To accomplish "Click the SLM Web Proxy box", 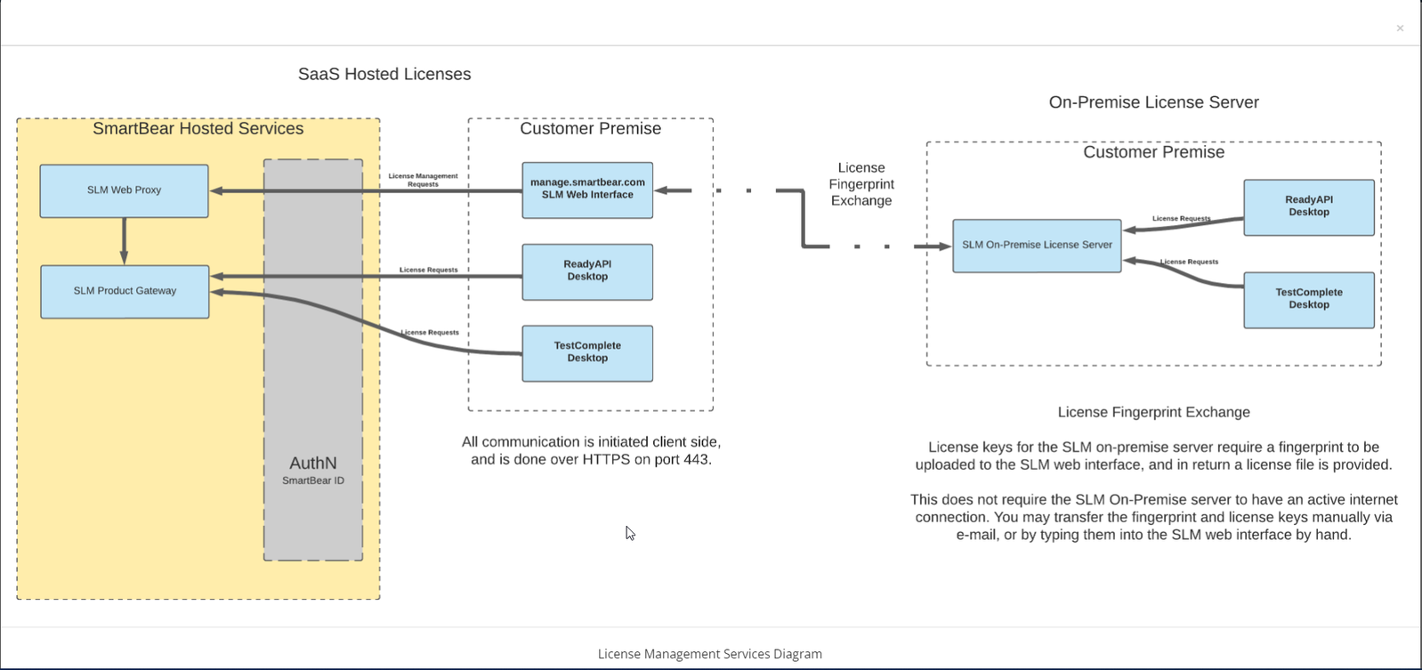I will click(x=124, y=190).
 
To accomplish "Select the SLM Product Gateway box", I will click(x=125, y=291).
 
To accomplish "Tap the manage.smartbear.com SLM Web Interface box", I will click(x=587, y=190).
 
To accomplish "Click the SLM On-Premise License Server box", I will click(x=1037, y=246).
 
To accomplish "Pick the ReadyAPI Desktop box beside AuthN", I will click(x=587, y=271).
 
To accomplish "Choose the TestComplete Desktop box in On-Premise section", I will click(x=1308, y=300).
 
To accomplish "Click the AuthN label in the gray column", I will click(x=313, y=463).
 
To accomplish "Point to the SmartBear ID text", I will click(x=313, y=480).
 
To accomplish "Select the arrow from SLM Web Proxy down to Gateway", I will click(x=124, y=240).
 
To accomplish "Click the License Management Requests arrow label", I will click(x=423, y=180).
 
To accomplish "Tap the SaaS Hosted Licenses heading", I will click(x=384, y=75).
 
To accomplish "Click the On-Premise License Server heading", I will click(x=1153, y=102).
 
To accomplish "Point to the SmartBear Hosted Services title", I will click(x=198, y=129).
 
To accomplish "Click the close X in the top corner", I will click(x=1400, y=28).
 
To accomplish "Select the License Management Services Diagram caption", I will click(x=709, y=654).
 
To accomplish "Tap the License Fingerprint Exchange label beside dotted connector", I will click(x=860, y=184).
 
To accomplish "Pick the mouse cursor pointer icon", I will click(x=630, y=533).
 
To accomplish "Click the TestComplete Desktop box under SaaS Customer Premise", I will click(x=587, y=353).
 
